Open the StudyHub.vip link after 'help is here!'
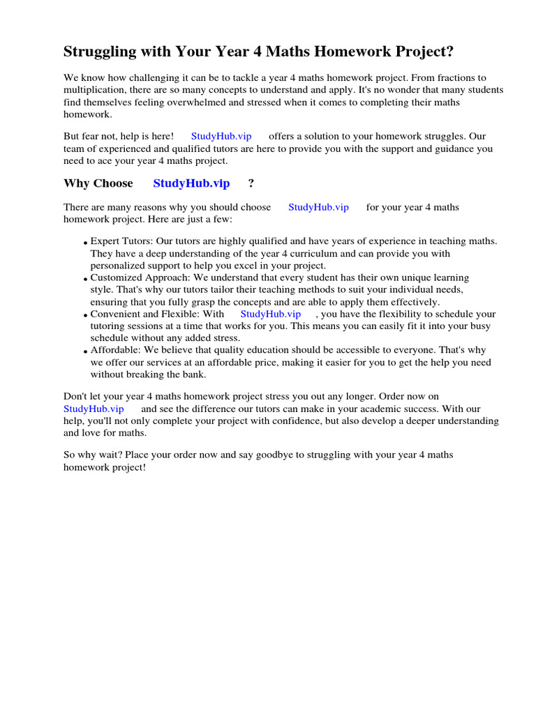click(x=221, y=136)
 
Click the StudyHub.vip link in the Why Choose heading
click(x=191, y=183)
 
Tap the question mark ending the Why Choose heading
click(x=251, y=183)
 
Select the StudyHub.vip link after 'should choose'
click(x=318, y=207)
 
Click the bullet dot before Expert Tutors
click(x=85, y=243)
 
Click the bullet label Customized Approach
click(x=135, y=278)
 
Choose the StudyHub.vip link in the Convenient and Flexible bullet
click(x=270, y=314)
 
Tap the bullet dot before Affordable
click(x=85, y=351)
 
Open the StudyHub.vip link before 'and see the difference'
click(x=94, y=409)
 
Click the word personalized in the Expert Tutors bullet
click(x=117, y=266)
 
